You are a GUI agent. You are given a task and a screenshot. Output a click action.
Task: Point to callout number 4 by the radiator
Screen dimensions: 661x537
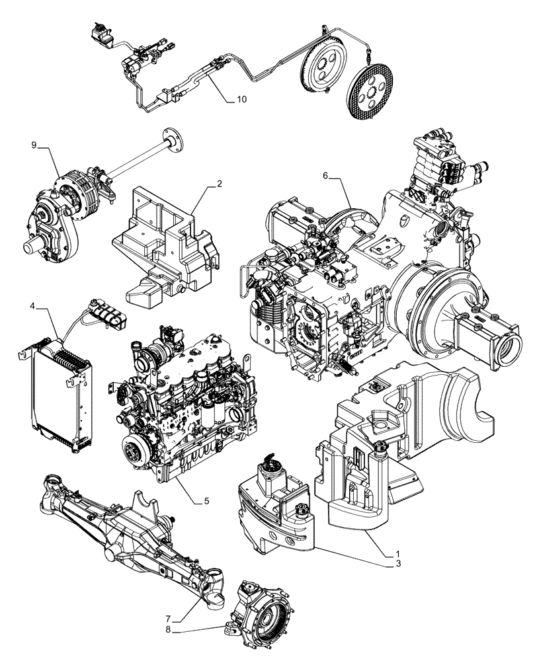pos(32,306)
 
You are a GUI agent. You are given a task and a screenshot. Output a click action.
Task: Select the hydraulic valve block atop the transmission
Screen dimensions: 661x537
pos(436,162)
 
